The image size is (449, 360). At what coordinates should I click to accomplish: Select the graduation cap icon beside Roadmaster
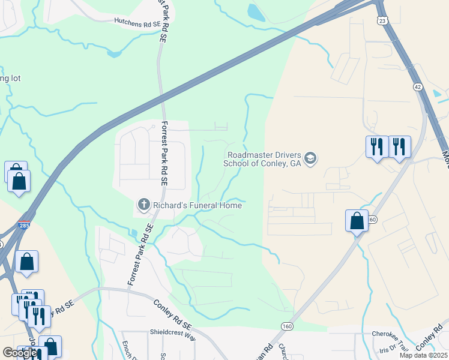[310, 158]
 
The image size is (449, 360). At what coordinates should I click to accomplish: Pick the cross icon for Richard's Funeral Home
[143, 205]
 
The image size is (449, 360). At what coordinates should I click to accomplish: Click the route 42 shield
[418, 87]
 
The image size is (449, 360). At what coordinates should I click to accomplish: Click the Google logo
[19, 353]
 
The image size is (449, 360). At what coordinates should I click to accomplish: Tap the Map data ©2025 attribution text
[423, 355]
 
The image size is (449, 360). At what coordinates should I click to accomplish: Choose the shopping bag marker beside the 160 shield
[357, 220]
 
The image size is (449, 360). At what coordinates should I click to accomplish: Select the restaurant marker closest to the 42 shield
[400, 146]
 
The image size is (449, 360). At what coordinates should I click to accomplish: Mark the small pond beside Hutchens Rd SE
[113, 54]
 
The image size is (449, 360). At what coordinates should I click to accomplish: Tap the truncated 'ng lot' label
[10, 79]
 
